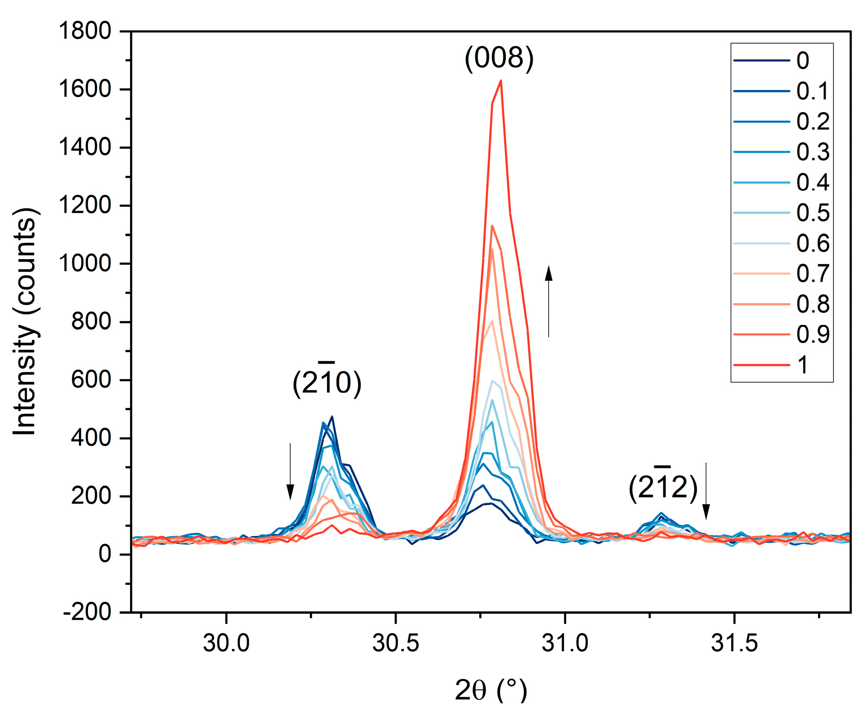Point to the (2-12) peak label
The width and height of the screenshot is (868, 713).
pyautogui.click(x=663, y=487)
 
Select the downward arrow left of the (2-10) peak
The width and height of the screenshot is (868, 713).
pyautogui.click(x=290, y=472)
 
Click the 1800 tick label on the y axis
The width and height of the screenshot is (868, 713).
pyautogui.click(x=85, y=31)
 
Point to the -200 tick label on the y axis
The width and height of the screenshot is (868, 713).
pyautogui.click(x=87, y=612)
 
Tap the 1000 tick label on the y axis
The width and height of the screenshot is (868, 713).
pyautogui.click(x=85, y=264)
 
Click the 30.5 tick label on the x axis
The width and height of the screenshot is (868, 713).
pyautogui.click(x=395, y=643)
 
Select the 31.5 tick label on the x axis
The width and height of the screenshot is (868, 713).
pyautogui.click(x=734, y=643)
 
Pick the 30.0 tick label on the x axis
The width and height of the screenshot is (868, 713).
pyautogui.click(x=226, y=643)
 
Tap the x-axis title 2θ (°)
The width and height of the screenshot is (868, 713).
pyautogui.click(x=491, y=690)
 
